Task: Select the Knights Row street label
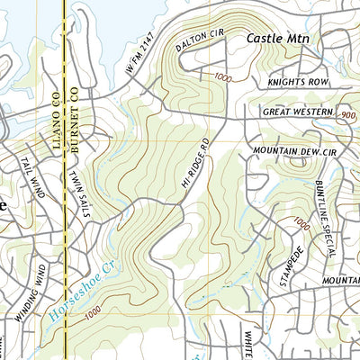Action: pyautogui.click(x=293, y=82)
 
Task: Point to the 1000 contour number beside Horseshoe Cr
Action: pyautogui.click(x=90, y=315)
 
